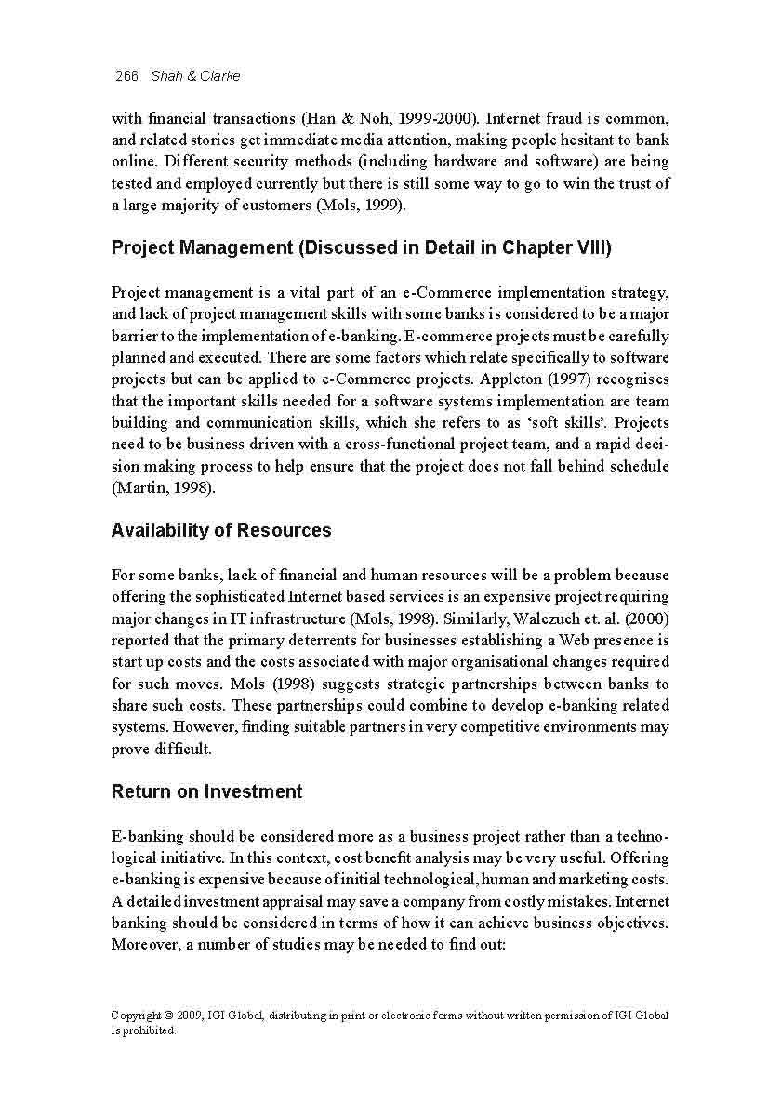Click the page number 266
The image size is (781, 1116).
coord(126,76)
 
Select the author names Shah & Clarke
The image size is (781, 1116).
coord(195,76)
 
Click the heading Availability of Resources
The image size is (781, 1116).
coord(221,531)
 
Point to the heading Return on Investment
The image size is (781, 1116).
coord(206,792)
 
